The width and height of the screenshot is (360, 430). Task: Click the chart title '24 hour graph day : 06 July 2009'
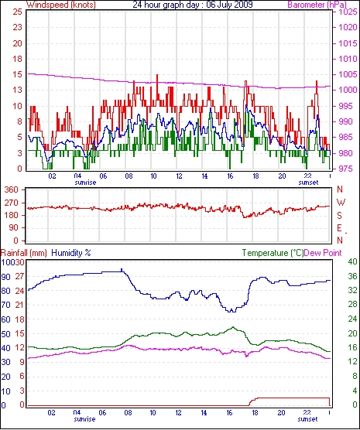coord(193,5)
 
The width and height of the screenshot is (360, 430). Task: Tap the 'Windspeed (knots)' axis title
coord(61,5)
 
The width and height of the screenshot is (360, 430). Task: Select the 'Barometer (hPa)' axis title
coord(317,5)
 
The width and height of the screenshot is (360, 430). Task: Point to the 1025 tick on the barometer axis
coord(348,12)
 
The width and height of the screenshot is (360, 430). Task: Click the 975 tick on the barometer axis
coord(348,169)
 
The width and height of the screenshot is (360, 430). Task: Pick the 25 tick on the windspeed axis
coord(17,12)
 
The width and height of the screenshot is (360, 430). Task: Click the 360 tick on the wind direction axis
coord(12,189)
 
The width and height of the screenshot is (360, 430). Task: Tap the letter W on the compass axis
coord(341,203)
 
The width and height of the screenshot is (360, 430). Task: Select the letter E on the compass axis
coord(340,228)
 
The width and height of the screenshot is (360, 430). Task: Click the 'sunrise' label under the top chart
coord(85,183)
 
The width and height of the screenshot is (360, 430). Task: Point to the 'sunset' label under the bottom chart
coord(307,419)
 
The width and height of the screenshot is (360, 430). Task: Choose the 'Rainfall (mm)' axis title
coord(24,253)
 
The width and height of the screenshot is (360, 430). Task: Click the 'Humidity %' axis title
coord(71,253)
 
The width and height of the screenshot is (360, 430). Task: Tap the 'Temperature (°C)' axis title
coord(273,253)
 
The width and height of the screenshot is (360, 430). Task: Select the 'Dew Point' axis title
coord(323,253)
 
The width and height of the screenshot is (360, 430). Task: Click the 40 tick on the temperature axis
coord(352,261)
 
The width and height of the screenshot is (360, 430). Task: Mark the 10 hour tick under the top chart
coord(153,176)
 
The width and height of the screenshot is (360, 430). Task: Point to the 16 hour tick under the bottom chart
coord(229,412)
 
